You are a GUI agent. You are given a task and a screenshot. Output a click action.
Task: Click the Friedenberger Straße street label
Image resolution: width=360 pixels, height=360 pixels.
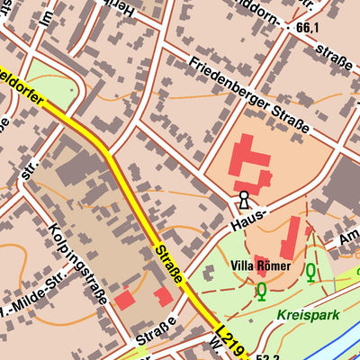coord(249,97)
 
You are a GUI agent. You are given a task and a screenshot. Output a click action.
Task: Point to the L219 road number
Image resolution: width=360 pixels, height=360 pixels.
coord(229,342)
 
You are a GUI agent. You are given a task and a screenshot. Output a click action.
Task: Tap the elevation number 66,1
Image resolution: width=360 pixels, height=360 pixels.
coord(307,29)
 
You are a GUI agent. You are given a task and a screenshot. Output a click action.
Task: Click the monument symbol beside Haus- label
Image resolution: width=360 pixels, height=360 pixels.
coord(243,199)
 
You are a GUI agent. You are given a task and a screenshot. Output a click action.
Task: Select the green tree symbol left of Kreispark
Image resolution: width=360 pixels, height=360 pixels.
coord(261,291)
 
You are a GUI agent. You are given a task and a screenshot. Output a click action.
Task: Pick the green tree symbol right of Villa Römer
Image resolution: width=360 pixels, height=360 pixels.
coord(311,270)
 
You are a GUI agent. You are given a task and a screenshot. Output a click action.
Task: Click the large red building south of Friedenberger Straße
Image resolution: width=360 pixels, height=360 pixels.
coord(248,166)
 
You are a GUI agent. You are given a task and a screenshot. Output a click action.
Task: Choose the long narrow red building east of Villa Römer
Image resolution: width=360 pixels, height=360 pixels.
coord(291,238)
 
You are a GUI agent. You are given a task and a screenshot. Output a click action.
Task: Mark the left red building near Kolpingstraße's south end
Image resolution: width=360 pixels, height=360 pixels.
coord(124,301)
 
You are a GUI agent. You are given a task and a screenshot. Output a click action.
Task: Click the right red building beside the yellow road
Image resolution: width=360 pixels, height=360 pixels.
coord(164,297)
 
